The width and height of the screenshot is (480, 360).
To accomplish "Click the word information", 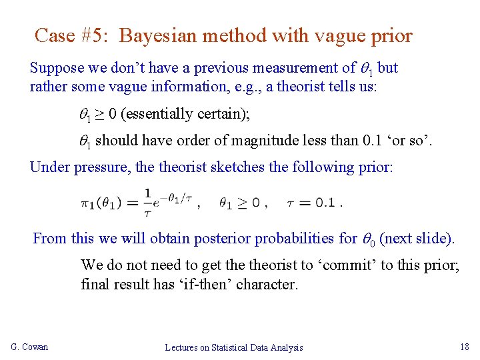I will (171, 87).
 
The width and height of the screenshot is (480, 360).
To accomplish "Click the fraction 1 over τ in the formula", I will (148, 203).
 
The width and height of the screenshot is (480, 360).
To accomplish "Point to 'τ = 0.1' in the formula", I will (311, 203).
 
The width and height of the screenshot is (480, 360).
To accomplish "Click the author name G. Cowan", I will (29, 347).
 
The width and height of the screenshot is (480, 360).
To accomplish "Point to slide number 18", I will (464, 347).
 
